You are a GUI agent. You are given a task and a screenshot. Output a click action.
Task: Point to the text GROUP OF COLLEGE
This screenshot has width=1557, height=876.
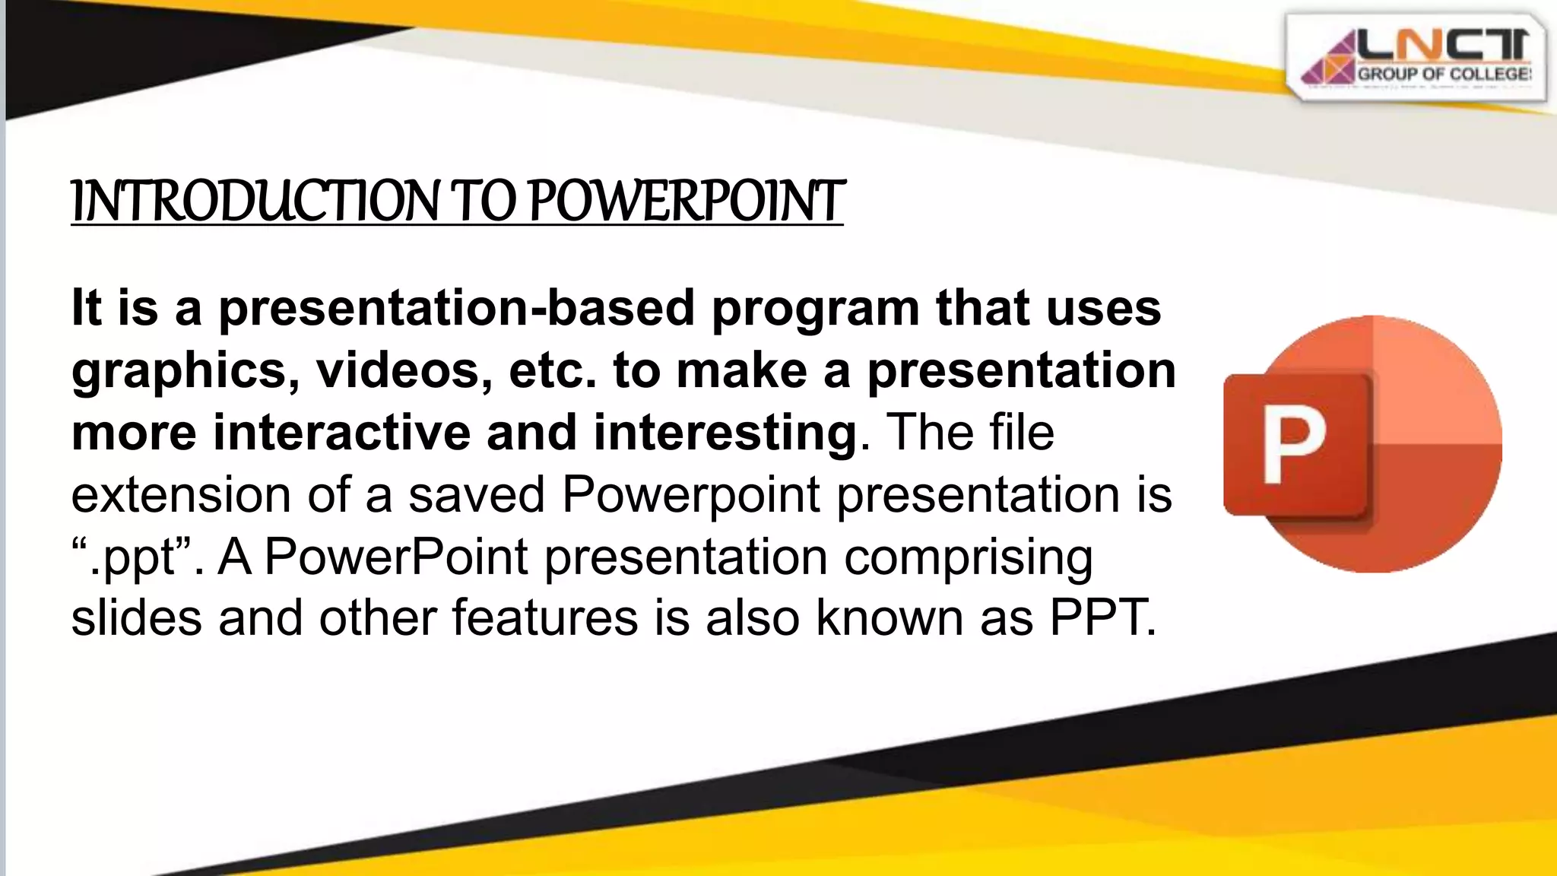(x=1443, y=75)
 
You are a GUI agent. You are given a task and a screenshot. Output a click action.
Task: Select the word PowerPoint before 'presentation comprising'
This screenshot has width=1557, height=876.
(x=395, y=557)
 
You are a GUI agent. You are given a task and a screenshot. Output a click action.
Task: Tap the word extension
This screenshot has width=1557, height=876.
(x=181, y=495)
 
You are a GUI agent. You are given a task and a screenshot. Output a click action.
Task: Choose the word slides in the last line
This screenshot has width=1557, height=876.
(x=136, y=617)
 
